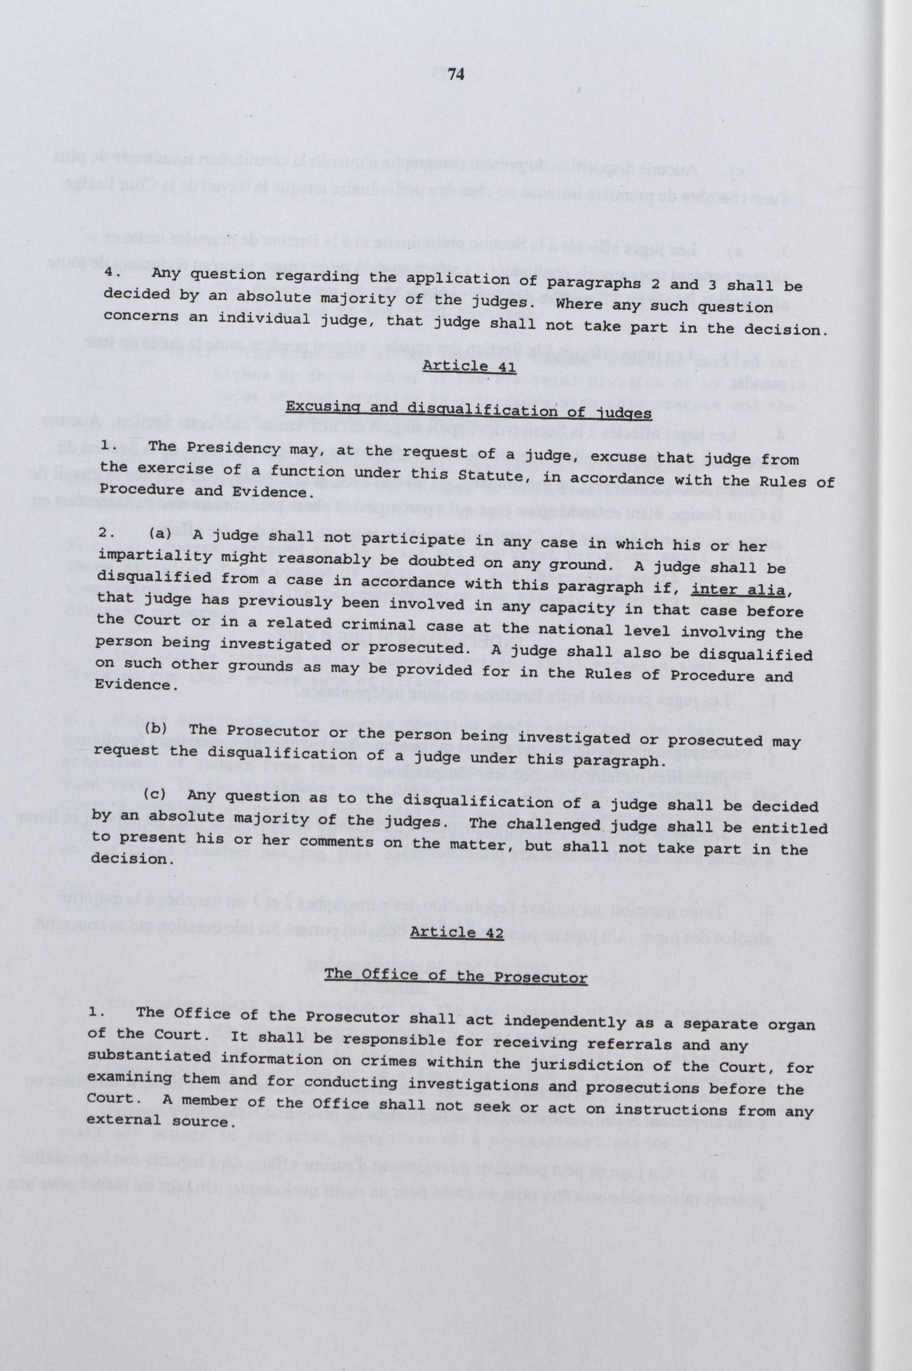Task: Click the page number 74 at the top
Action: tap(455, 75)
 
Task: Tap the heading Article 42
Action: tap(455, 932)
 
